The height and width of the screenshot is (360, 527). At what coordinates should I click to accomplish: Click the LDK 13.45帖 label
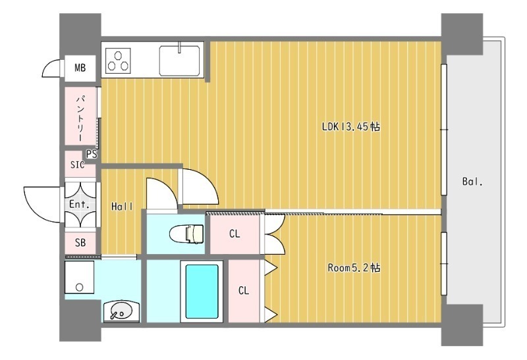point(351,126)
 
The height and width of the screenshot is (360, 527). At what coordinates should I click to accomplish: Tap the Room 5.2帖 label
point(354,268)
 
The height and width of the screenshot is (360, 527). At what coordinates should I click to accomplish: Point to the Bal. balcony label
point(472,182)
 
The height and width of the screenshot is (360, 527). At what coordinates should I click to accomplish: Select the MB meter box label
point(80,68)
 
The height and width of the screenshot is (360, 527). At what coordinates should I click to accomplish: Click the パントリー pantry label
point(81,118)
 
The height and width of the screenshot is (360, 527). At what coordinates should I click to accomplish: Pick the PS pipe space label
point(92,154)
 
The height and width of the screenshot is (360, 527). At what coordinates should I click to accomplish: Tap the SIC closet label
point(77,165)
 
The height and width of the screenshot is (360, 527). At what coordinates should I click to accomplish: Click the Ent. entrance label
point(79,204)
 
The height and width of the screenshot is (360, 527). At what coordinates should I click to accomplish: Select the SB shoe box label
point(80,242)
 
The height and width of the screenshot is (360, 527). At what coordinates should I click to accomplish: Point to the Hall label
point(122,207)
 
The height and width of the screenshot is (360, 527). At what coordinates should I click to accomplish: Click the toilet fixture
point(186,234)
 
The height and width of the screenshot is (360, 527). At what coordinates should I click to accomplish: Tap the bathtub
point(202,292)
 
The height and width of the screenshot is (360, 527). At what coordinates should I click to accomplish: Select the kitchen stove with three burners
point(118,61)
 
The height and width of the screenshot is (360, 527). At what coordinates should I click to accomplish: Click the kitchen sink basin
point(179,61)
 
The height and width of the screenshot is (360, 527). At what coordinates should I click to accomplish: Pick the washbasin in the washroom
point(121,312)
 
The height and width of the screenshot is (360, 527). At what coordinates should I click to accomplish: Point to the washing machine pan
point(79,277)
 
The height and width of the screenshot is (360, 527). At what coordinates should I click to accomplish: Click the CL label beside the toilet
point(235,234)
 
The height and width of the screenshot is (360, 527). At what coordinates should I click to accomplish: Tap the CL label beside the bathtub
point(244,290)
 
